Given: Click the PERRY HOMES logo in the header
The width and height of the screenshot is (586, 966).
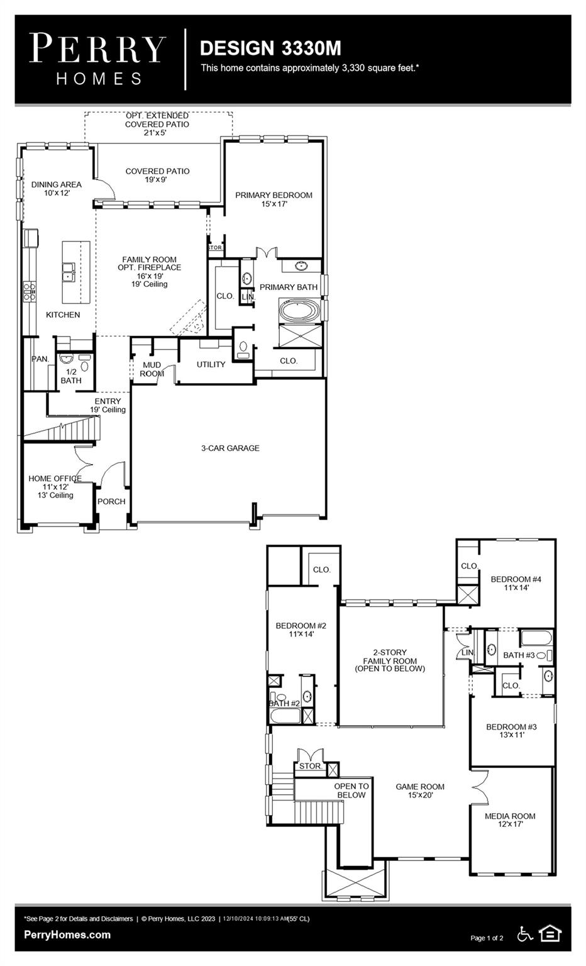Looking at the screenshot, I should (98, 59).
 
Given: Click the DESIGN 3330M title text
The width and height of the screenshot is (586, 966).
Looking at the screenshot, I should (270, 48).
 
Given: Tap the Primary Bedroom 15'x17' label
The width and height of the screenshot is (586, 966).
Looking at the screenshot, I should (274, 199).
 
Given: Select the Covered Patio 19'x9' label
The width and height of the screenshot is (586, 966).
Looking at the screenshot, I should (157, 175).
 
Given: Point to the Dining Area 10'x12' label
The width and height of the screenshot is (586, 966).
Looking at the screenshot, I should (56, 189).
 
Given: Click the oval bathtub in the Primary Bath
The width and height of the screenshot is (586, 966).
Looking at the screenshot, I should (299, 311).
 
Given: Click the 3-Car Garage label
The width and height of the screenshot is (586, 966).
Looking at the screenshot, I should (230, 448).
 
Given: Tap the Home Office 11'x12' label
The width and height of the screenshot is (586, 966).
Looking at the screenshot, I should (55, 486).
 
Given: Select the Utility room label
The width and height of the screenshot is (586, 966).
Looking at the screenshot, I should (211, 365).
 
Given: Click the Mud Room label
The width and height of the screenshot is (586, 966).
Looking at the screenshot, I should (152, 369).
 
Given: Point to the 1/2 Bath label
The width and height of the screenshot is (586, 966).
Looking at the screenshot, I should (71, 376).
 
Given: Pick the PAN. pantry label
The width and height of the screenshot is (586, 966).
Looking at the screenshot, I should (40, 359).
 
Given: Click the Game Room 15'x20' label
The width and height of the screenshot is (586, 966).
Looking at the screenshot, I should (419, 791).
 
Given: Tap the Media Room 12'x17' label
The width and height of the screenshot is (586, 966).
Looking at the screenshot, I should (510, 819).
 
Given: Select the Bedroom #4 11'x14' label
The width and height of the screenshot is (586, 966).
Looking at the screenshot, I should (516, 583).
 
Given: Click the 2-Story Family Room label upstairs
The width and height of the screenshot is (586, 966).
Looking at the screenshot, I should (390, 660).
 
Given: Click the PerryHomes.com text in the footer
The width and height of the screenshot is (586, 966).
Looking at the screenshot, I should (67, 935).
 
